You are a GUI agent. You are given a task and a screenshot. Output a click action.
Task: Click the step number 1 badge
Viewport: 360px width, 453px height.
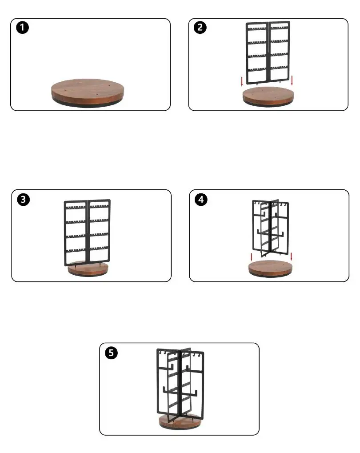click(x=22, y=28)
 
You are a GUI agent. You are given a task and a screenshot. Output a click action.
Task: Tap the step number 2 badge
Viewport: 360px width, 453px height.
click(x=200, y=28)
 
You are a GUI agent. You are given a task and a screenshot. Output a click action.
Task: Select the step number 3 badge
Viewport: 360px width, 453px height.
click(x=23, y=199)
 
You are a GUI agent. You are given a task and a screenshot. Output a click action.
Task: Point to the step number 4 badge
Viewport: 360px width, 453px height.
click(x=201, y=199)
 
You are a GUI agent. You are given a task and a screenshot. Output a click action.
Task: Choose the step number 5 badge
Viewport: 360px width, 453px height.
click(x=111, y=353)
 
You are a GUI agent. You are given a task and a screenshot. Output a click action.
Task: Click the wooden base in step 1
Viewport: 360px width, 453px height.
click(x=88, y=93)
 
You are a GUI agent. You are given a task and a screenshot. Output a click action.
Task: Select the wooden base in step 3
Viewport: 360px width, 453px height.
click(x=88, y=269)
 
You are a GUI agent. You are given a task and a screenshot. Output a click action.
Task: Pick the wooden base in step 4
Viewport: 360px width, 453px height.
click(x=270, y=269)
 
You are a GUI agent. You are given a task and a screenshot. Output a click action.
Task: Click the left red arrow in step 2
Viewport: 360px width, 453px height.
click(x=242, y=81)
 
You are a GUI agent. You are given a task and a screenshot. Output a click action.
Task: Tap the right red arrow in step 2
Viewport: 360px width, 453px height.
click(x=292, y=80)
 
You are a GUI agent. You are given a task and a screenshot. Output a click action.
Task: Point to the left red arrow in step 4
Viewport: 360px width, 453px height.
click(x=252, y=257)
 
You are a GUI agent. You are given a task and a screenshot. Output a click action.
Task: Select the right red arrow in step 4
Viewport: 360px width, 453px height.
click(x=291, y=257)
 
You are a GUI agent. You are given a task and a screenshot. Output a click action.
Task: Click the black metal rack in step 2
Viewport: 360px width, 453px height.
click(x=268, y=52)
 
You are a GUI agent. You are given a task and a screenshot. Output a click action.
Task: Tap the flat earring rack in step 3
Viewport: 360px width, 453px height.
click(x=87, y=233)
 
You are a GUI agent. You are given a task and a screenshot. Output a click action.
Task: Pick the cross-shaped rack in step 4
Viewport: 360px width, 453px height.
click(x=270, y=228)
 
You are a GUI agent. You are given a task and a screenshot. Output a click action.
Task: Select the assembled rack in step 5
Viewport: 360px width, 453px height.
click(x=180, y=382)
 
